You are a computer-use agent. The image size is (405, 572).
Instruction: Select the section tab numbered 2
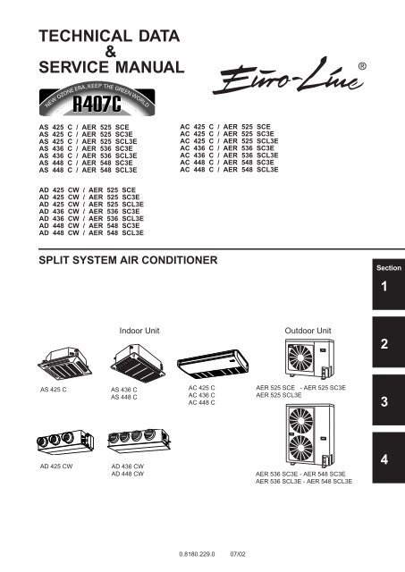[384, 345]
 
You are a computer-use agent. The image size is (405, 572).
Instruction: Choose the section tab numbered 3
[384, 403]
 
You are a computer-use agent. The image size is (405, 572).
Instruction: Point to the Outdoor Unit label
[307, 330]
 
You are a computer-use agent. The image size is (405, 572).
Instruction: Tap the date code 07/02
[238, 554]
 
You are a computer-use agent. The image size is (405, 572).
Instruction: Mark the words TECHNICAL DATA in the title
[109, 36]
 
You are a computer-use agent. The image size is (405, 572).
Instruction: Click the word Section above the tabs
[384, 266]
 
